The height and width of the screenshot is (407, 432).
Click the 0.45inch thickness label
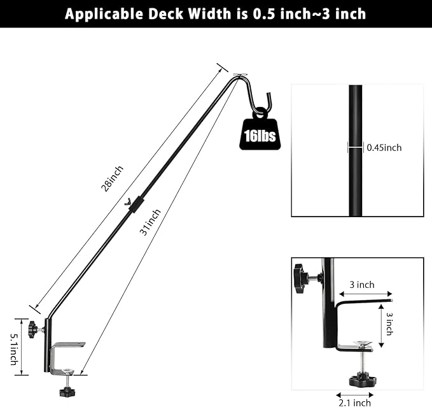click(384, 148)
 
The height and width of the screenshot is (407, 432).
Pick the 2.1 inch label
click(354, 402)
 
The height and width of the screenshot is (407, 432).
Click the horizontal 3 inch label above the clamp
click(361, 285)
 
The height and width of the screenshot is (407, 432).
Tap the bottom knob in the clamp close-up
click(362, 381)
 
